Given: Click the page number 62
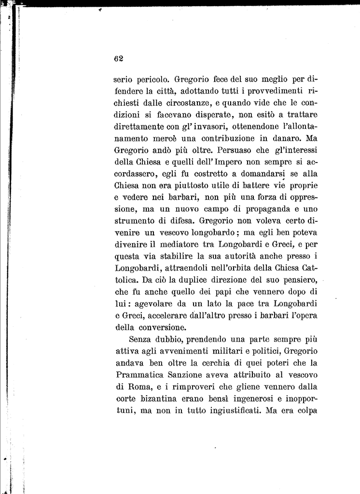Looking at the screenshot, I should coord(119,58).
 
